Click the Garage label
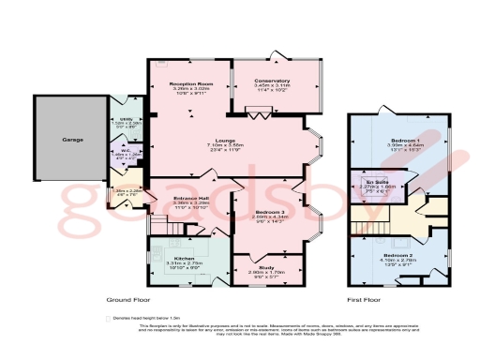point(73,140)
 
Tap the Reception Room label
point(187,84)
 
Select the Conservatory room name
point(273,81)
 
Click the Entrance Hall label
point(191,199)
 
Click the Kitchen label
point(184,257)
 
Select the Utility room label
point(126,119)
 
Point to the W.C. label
point(125,148)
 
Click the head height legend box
point(110,318)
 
